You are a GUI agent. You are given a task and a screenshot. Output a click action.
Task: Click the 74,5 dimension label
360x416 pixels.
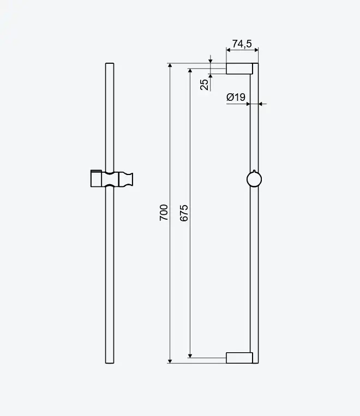coord(242,44)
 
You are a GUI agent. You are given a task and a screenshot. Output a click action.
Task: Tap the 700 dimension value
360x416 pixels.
coord(164,213)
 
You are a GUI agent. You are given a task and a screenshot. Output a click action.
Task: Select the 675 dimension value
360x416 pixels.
coord(184,213)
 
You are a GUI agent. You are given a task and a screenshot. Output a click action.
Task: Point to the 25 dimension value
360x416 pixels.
coord(205,85)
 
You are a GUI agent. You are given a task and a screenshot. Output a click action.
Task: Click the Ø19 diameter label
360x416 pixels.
coord(236,97)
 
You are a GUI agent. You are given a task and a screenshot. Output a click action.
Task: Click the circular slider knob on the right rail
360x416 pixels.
coord(254,179)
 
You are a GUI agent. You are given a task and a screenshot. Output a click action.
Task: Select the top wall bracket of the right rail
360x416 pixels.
coord(239,69)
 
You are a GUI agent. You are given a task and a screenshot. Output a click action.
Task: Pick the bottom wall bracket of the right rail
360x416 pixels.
coord(239,358)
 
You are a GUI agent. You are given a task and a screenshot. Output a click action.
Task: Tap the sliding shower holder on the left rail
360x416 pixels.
coord(112,179)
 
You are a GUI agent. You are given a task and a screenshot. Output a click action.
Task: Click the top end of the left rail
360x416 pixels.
coord(110,63)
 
